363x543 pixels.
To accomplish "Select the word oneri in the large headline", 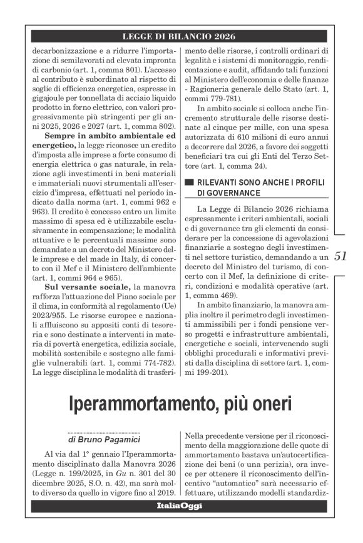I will click(x=270, y=404).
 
